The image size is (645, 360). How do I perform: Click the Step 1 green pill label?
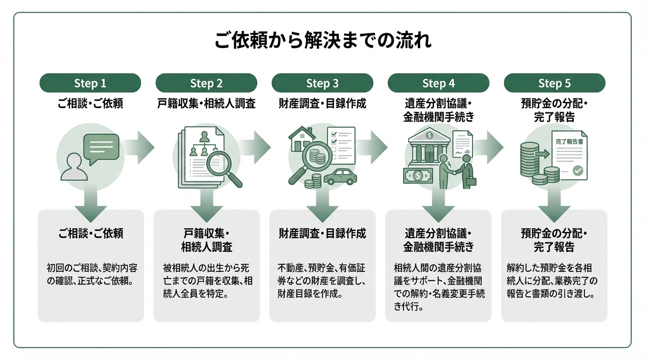pos(90,83)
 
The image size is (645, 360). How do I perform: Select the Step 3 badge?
pos(322,83)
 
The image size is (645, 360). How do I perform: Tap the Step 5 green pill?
pos(554,83)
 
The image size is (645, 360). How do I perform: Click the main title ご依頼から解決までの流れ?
pos(322,41)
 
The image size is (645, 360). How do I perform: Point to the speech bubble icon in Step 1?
pos(101,147)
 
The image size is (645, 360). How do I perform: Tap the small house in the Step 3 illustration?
pos(301,139)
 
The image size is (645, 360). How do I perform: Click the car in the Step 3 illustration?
pos(340,177)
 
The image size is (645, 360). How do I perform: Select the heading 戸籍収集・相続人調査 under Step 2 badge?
pos(206,104)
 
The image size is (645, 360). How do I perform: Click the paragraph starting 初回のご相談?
pos(90,275)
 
